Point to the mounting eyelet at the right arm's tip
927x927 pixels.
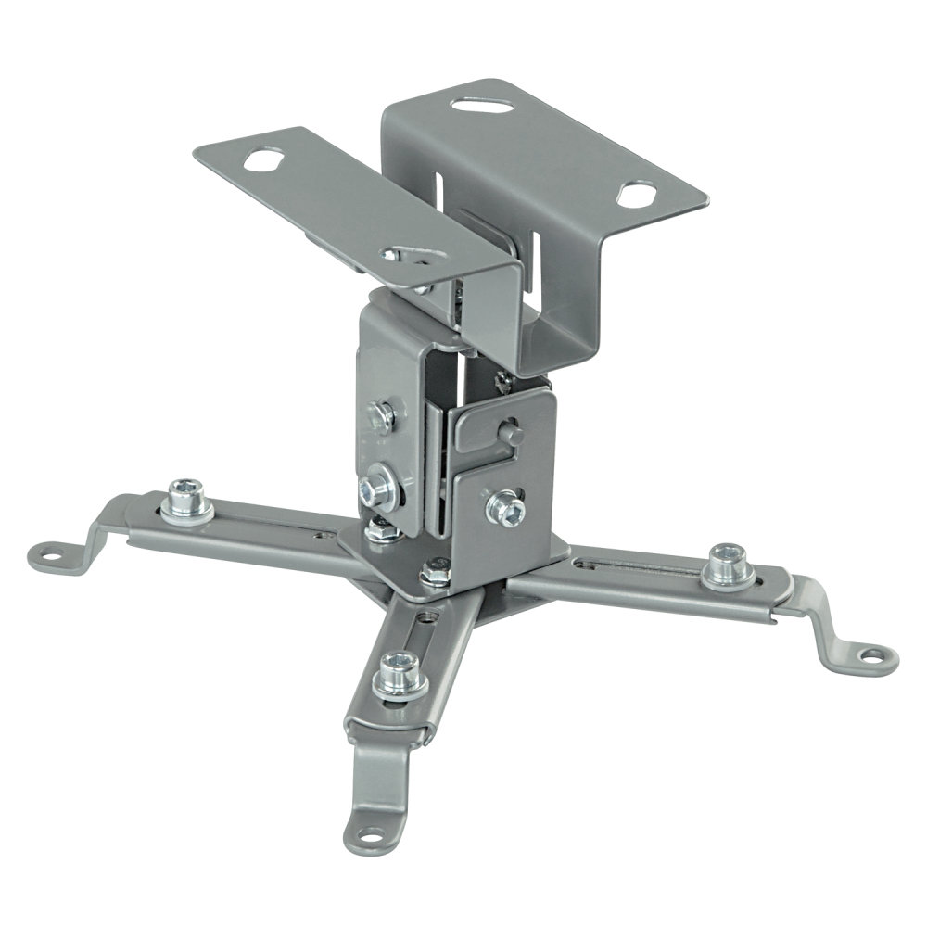870,655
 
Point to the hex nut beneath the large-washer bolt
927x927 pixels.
378,529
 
